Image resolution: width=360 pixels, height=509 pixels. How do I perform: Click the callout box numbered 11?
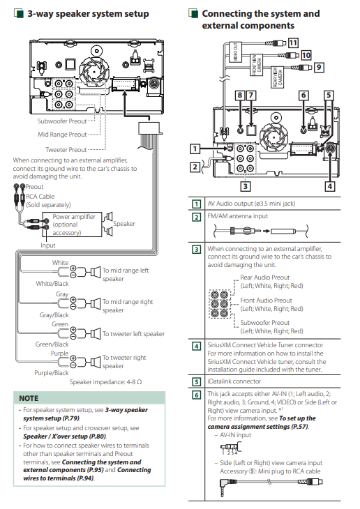[293, 43]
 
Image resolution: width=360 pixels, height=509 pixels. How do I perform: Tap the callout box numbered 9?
[319, 67]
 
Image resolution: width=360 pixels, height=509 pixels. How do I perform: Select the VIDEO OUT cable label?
[236, 52]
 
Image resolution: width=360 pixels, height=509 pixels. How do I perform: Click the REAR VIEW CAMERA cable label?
[278, 77]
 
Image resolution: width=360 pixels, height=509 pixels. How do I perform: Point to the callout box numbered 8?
[240, 95]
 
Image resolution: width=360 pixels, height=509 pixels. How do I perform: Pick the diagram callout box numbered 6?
[303, 95]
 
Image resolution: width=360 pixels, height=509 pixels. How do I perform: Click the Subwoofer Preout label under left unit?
[61, 121]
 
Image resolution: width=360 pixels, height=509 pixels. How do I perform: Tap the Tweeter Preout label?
[66, 150]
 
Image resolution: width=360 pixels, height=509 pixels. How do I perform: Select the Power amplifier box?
[72, 225]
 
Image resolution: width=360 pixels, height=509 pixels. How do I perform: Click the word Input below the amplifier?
[47, 245]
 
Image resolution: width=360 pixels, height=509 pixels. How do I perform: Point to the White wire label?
[60, 263]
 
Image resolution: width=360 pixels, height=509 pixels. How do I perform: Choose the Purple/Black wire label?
[52, 373]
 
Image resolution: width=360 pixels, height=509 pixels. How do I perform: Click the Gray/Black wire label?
[54, 315]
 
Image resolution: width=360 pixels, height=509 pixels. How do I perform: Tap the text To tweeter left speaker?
[133, 334]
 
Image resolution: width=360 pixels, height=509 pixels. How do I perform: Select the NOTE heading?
[29, 398]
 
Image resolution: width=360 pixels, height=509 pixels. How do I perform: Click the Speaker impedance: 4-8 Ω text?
[105, 382]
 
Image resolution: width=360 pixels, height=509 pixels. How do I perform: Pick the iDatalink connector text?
[234, 381]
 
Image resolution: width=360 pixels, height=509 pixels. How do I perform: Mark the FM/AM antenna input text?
[238, 216]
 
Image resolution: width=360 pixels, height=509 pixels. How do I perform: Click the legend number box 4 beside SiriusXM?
[196, 346]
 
